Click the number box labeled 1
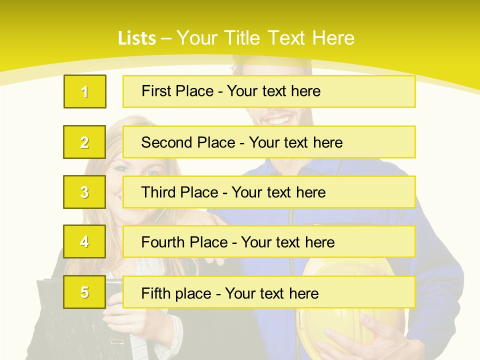click(x=85, y=91)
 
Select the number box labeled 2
click(x=84, y=142)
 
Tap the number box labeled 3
click(x=84, y=192)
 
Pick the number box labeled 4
click(x=84, y=241)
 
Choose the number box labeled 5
click(x=84, y=292)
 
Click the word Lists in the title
click(x=137, y=38)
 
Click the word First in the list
click(x=156, y=91)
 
